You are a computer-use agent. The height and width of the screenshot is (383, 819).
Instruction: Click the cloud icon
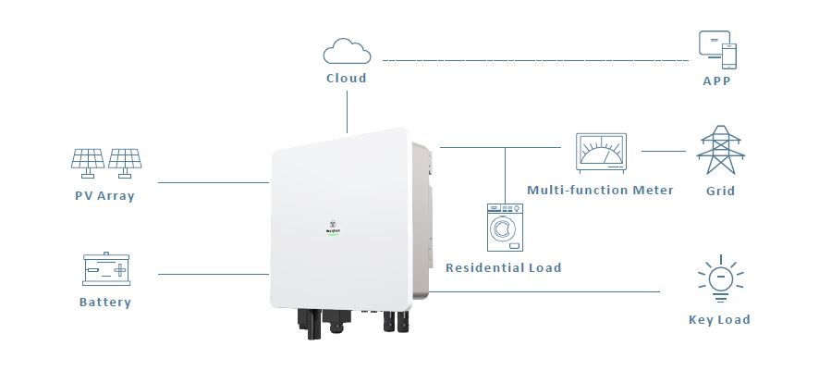[346, 51]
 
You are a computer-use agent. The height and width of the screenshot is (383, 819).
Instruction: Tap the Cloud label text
[347, 79]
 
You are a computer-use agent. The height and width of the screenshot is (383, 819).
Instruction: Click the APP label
[716, 80]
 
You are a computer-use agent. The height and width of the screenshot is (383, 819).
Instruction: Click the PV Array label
[104, 196]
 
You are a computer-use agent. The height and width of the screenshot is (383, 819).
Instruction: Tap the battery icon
[105, 269]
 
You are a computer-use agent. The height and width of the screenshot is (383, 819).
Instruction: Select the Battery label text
[105, 303]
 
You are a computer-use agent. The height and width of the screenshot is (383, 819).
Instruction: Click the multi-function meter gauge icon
[601, 150]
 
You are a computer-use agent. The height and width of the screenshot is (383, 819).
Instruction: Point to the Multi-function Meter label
[600, 191]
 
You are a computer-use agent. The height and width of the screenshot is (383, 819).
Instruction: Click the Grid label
[720, 191]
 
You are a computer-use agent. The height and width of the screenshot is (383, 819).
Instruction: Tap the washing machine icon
[504, 228]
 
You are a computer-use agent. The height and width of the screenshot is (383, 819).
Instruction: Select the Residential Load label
[504, 268]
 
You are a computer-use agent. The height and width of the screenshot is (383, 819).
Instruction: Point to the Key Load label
[719, 320]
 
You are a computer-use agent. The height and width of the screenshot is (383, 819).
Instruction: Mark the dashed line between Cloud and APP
[536, 60]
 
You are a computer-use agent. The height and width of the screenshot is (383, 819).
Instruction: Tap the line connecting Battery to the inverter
[213, 274]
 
